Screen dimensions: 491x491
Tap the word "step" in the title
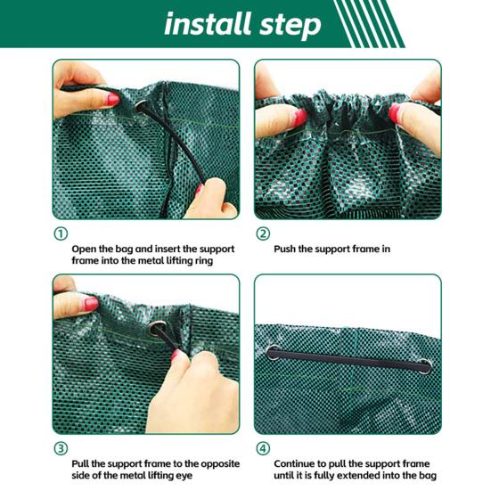point(286,25)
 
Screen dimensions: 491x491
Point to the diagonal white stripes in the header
point(365,23)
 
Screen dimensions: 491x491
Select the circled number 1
point(61,234)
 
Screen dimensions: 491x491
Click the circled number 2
point(263,234)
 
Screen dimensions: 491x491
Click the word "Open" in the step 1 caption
point(86,249)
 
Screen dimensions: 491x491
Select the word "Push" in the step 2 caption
point(287,249)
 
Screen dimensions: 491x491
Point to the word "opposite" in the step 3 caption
point(210,463)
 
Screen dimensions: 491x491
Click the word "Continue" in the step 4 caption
point(299,463)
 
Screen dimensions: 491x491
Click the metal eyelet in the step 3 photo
point(158,329)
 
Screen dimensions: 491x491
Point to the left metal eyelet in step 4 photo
point(272,354)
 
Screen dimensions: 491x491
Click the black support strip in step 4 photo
point(348,358)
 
